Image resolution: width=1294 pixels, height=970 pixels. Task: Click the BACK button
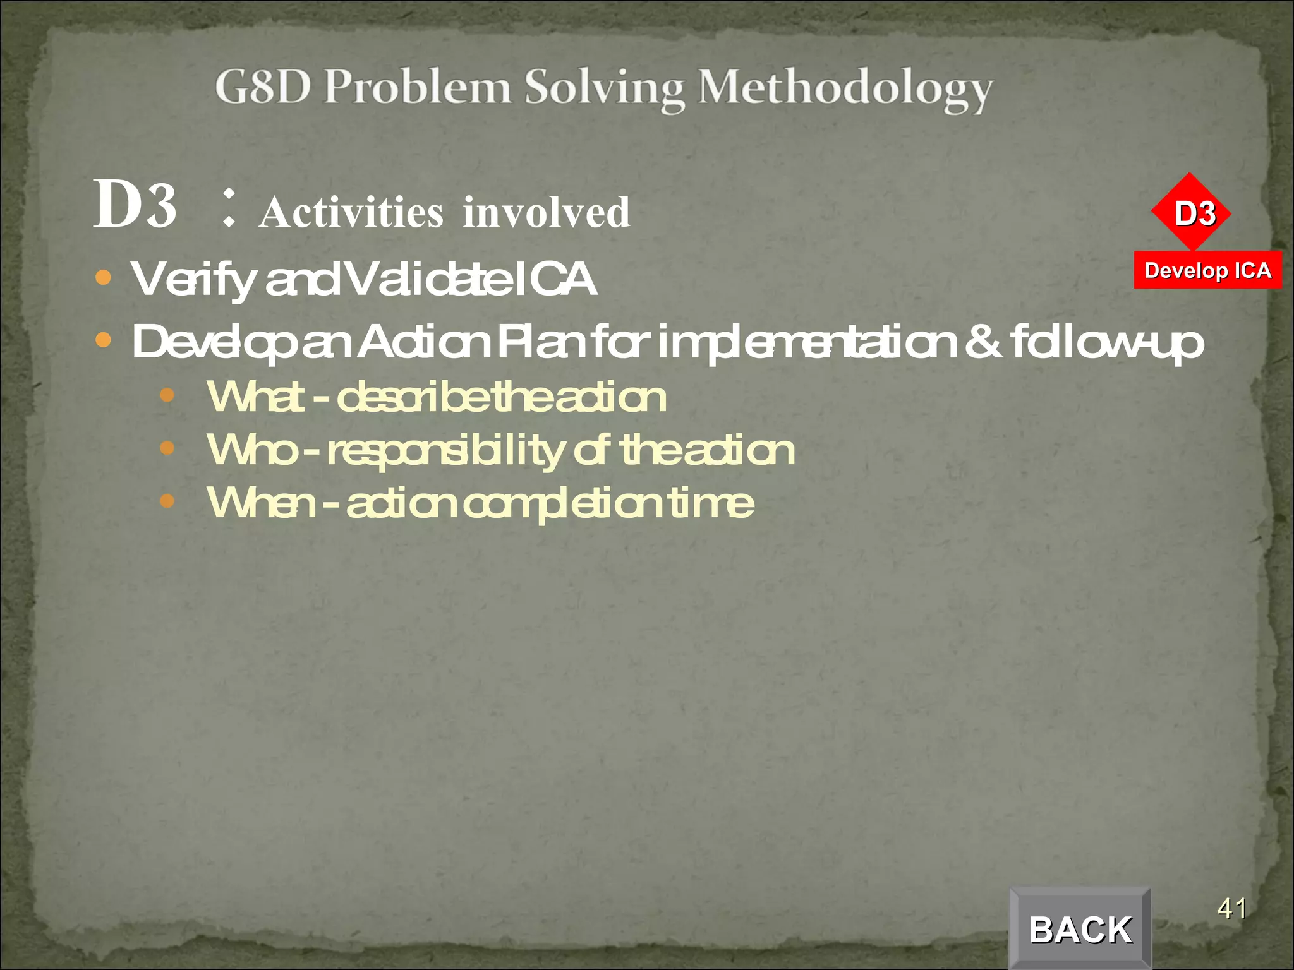[x=1080, y=929]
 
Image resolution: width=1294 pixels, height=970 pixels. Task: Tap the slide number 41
[x=1231, y=909]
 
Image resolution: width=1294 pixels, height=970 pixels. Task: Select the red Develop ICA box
[x=1207, y=270]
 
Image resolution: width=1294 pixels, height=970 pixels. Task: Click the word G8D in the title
[x=263, y=87]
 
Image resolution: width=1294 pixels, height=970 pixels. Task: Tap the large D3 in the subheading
[x=135, y=205]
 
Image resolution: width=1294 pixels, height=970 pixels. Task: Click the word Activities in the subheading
[x=351, y=212]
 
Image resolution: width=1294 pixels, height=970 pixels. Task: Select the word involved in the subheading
[x=547, y=212]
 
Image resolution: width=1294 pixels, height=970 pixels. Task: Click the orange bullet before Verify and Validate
[x=103, y=277]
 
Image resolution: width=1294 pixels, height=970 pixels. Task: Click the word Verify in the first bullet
[x=193, y=279]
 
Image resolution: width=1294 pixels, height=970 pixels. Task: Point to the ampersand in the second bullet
[x=983, y=342]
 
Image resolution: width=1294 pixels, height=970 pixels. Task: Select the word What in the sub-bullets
[x=256, y=397]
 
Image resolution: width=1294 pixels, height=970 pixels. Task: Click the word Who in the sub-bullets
[x=251, y=450]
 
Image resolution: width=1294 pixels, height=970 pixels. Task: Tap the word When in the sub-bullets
[x=260, y=503]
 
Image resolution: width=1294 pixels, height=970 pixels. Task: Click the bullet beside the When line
[x=167, y=501]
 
